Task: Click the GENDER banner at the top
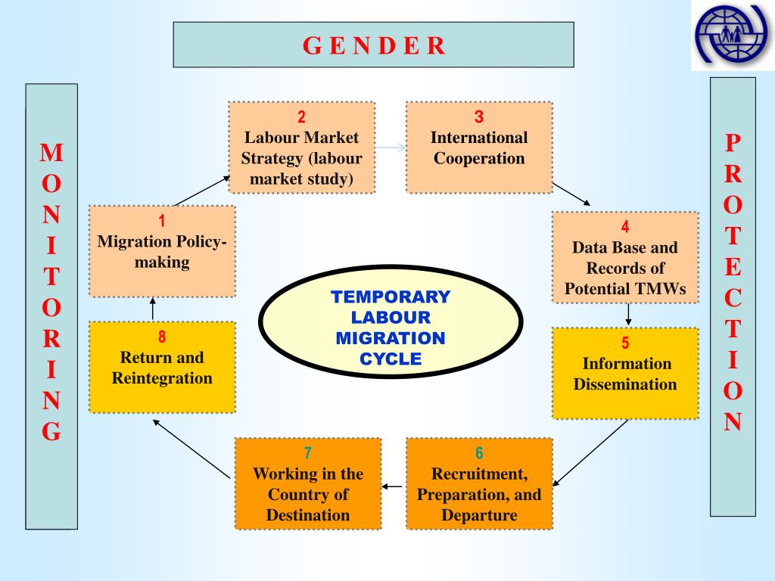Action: click(373, 45)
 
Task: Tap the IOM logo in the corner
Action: click(732, 35)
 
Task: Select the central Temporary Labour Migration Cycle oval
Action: click(391, 322)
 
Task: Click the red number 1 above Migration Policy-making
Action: click(162, 221)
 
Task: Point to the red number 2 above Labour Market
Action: click(301, 117)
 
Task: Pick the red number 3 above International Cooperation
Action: click(479, 117)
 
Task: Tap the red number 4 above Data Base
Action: click(625, 226)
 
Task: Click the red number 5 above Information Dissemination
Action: click(625, 343)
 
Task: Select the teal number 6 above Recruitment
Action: click(479, 452)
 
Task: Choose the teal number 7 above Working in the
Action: click(308, 452)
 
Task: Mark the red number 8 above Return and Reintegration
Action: click(162, 337)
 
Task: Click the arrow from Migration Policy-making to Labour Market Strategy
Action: click(202, 191)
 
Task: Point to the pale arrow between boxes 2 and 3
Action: click(391, 148)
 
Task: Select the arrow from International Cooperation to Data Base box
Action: click(571, 194)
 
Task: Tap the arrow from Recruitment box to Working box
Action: click(392, 486)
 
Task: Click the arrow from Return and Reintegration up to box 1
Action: click(153, 309)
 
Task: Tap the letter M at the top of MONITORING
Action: click(51, 153)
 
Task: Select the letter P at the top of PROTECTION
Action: click(733, 143)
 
